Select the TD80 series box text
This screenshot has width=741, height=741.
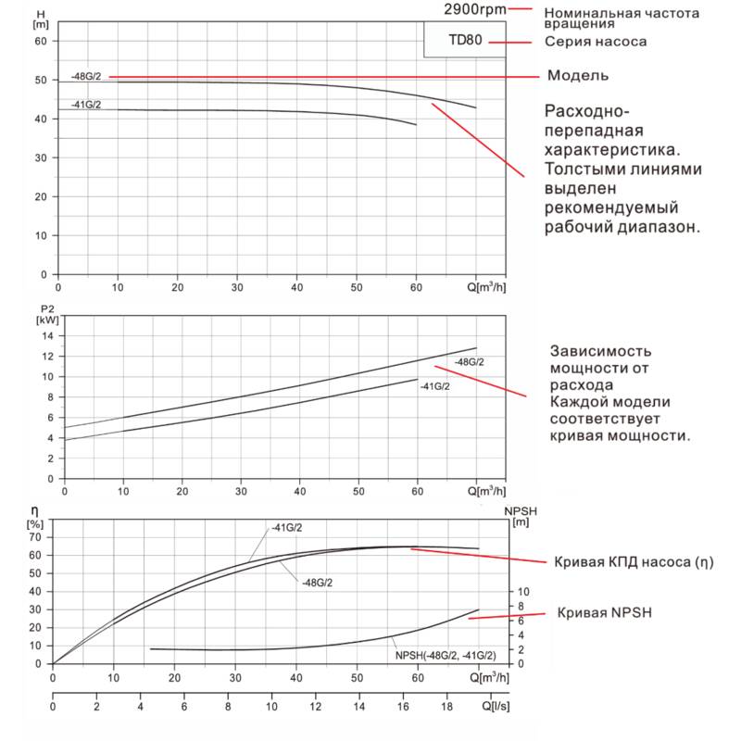[x=464, y=42]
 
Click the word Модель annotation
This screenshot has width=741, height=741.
[x=578, y=75]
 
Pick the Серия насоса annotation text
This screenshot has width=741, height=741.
[x=596, y=42]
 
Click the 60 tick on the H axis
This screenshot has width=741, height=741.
[x=40, y=41]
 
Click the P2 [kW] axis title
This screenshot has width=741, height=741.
[x=47, y=314]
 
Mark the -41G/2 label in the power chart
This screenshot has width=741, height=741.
[x=434, y=385]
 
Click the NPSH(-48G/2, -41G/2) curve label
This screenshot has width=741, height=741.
[x=444, y=656]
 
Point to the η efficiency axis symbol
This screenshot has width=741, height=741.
[x=34, y=511]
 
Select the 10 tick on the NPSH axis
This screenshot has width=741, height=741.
[x=521, y=591]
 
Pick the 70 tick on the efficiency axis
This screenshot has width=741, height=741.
[x=36, y=536]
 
